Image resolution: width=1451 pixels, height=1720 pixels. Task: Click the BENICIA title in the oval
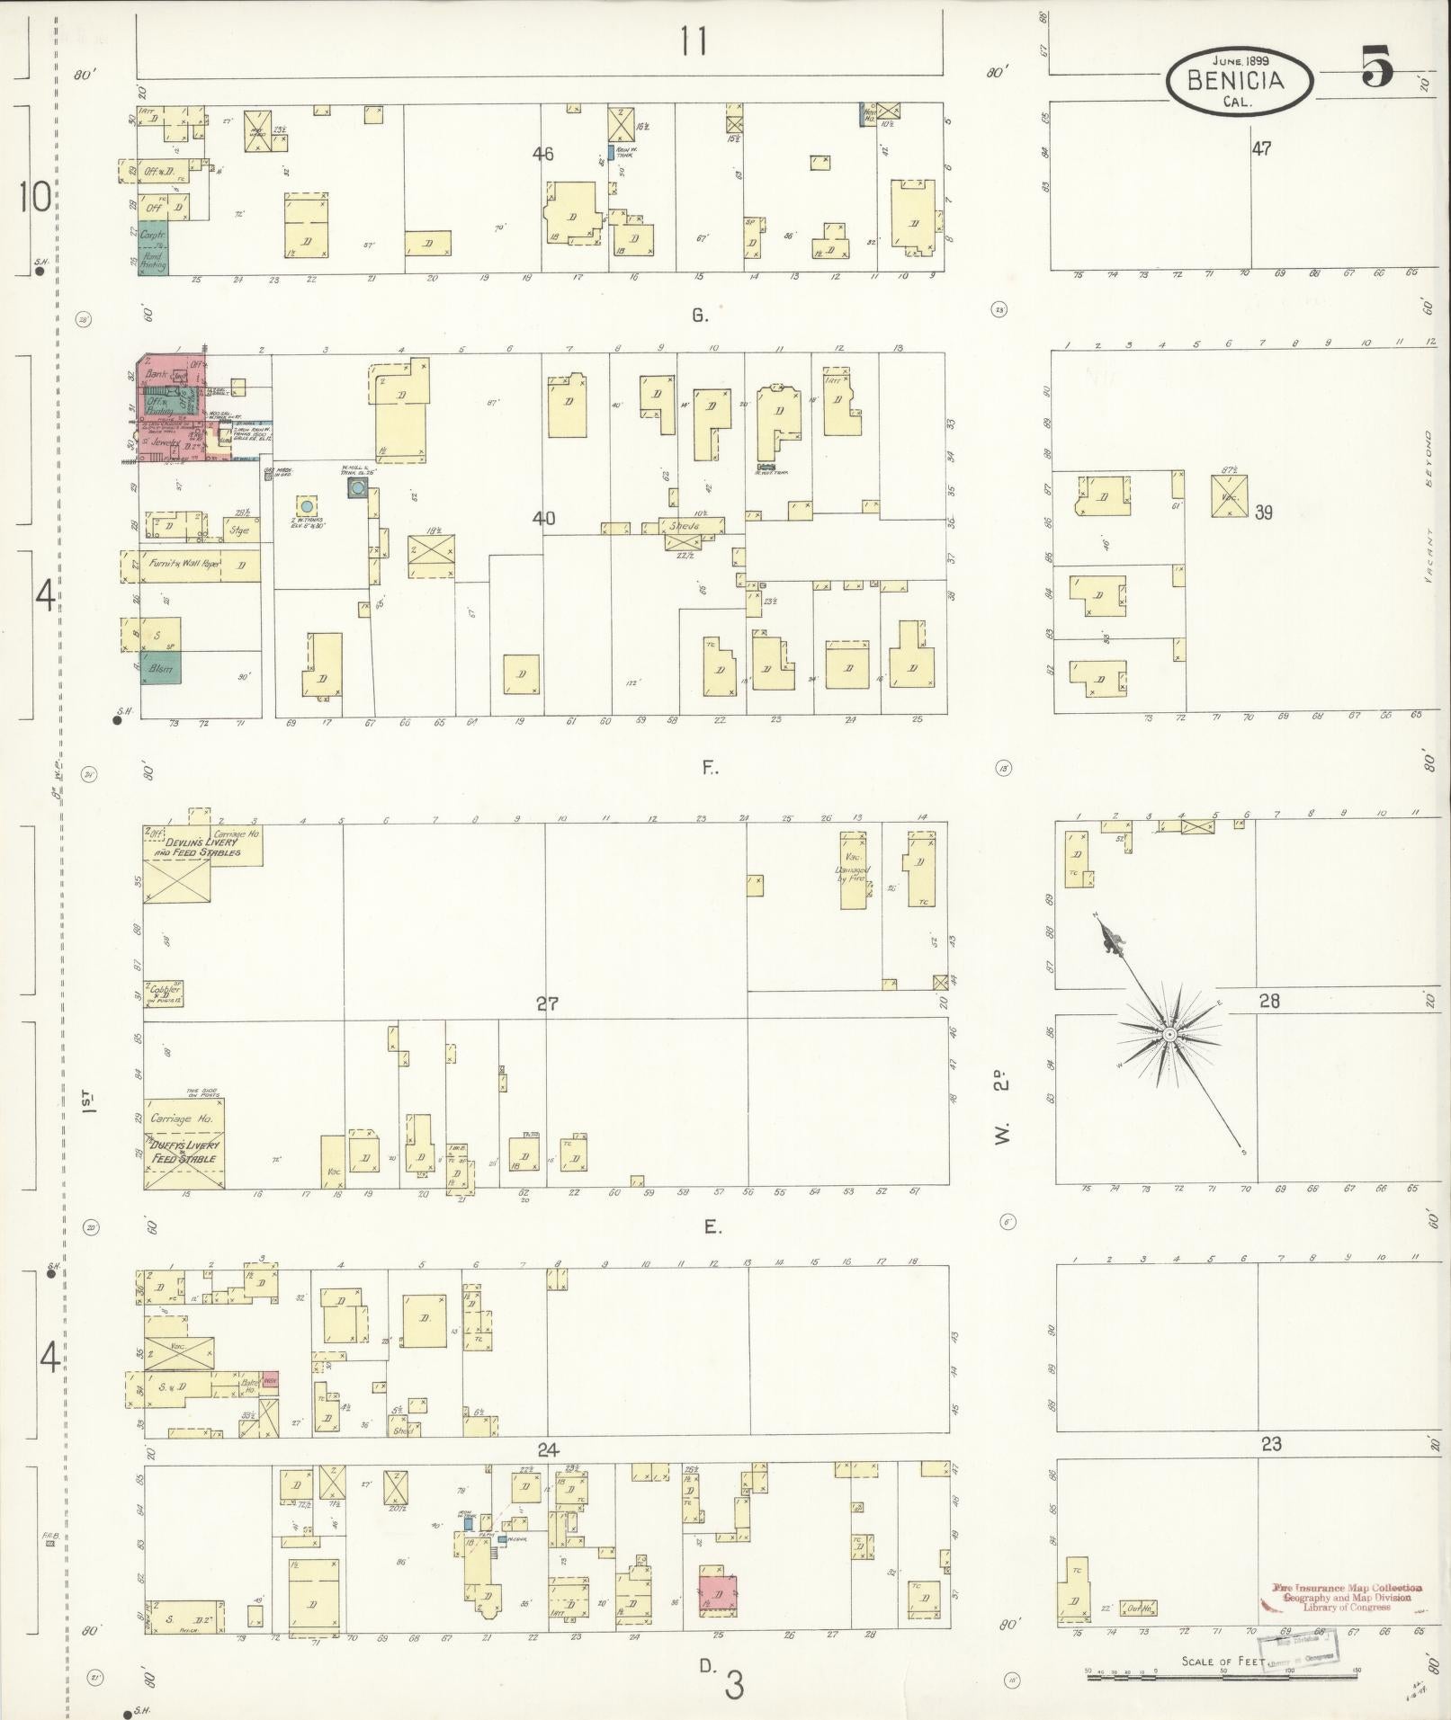[1236, 80]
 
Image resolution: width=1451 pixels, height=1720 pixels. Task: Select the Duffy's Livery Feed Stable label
[184, 1153]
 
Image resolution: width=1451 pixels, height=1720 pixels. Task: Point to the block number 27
[547, 1004]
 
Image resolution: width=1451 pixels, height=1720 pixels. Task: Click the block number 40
[543, 519]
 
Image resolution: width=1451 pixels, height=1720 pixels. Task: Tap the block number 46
[542, 154]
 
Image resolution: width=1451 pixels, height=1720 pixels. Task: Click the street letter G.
[699, 315]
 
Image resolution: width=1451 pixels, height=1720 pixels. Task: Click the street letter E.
[712, 1227]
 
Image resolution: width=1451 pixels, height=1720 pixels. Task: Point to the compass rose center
[1169, 1035]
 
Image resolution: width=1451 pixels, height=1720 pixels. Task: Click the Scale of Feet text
[1221, 1661]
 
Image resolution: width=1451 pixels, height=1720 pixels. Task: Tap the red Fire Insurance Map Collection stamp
[1347, 1596]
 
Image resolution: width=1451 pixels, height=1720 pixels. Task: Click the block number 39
[1264, 512]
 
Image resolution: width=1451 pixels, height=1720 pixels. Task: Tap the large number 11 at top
[693, 41]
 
